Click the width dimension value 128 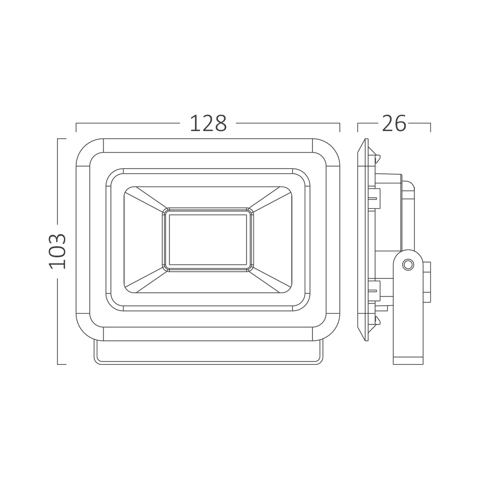coord(208,124)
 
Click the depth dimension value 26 coord(394,124)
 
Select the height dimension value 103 coord(58,251)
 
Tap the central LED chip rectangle coord(208,240)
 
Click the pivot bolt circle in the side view coord(408,264)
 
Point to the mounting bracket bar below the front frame coord(208,353)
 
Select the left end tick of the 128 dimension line coord(76,127)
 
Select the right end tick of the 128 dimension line coord(339,127)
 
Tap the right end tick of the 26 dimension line coord(430,127)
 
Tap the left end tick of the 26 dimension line coord(358,127)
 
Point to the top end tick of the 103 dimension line coord(61,139)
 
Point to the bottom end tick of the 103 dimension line coord(61,364)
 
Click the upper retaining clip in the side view coord(374,199)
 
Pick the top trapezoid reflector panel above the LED coord(208,197)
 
